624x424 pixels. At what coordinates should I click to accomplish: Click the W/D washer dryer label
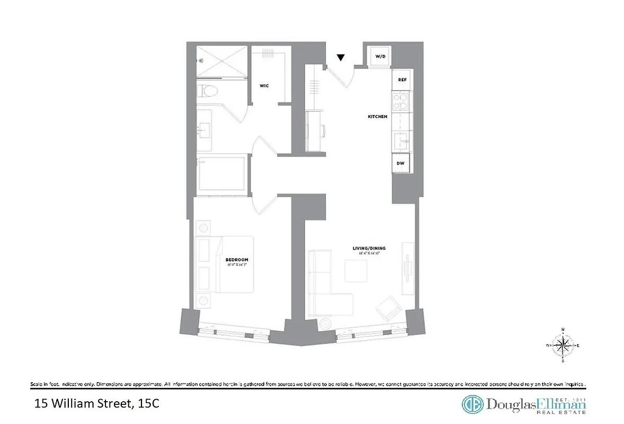(380, 56)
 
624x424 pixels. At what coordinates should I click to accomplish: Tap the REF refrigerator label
(402, 79)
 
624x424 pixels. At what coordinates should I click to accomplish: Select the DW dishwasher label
(401, 163)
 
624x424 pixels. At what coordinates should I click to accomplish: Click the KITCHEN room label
(378, 117)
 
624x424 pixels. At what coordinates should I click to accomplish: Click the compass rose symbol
(563, 346)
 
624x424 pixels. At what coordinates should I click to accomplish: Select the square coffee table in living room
(355, 270)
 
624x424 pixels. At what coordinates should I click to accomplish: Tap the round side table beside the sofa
(324, 322)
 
